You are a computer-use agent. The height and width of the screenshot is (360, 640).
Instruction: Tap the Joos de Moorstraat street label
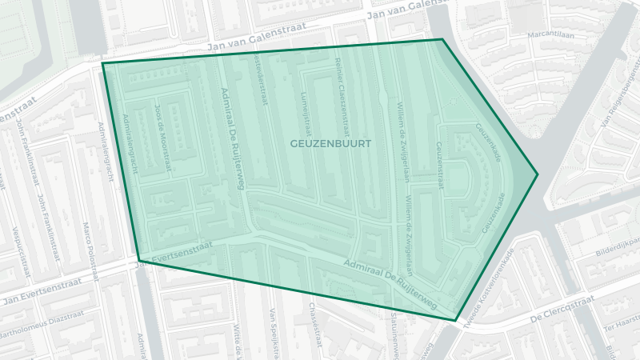click(163, 137)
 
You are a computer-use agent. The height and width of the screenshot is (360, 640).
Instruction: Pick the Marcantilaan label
click(551, 35)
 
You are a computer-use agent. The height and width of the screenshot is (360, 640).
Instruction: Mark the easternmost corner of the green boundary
click(538, 174)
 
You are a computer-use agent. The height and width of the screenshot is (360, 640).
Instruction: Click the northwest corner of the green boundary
click(102, 63)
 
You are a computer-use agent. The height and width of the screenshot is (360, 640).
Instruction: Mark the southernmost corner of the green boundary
click(456, 321)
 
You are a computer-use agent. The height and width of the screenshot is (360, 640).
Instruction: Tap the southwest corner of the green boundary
click(138, 258)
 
